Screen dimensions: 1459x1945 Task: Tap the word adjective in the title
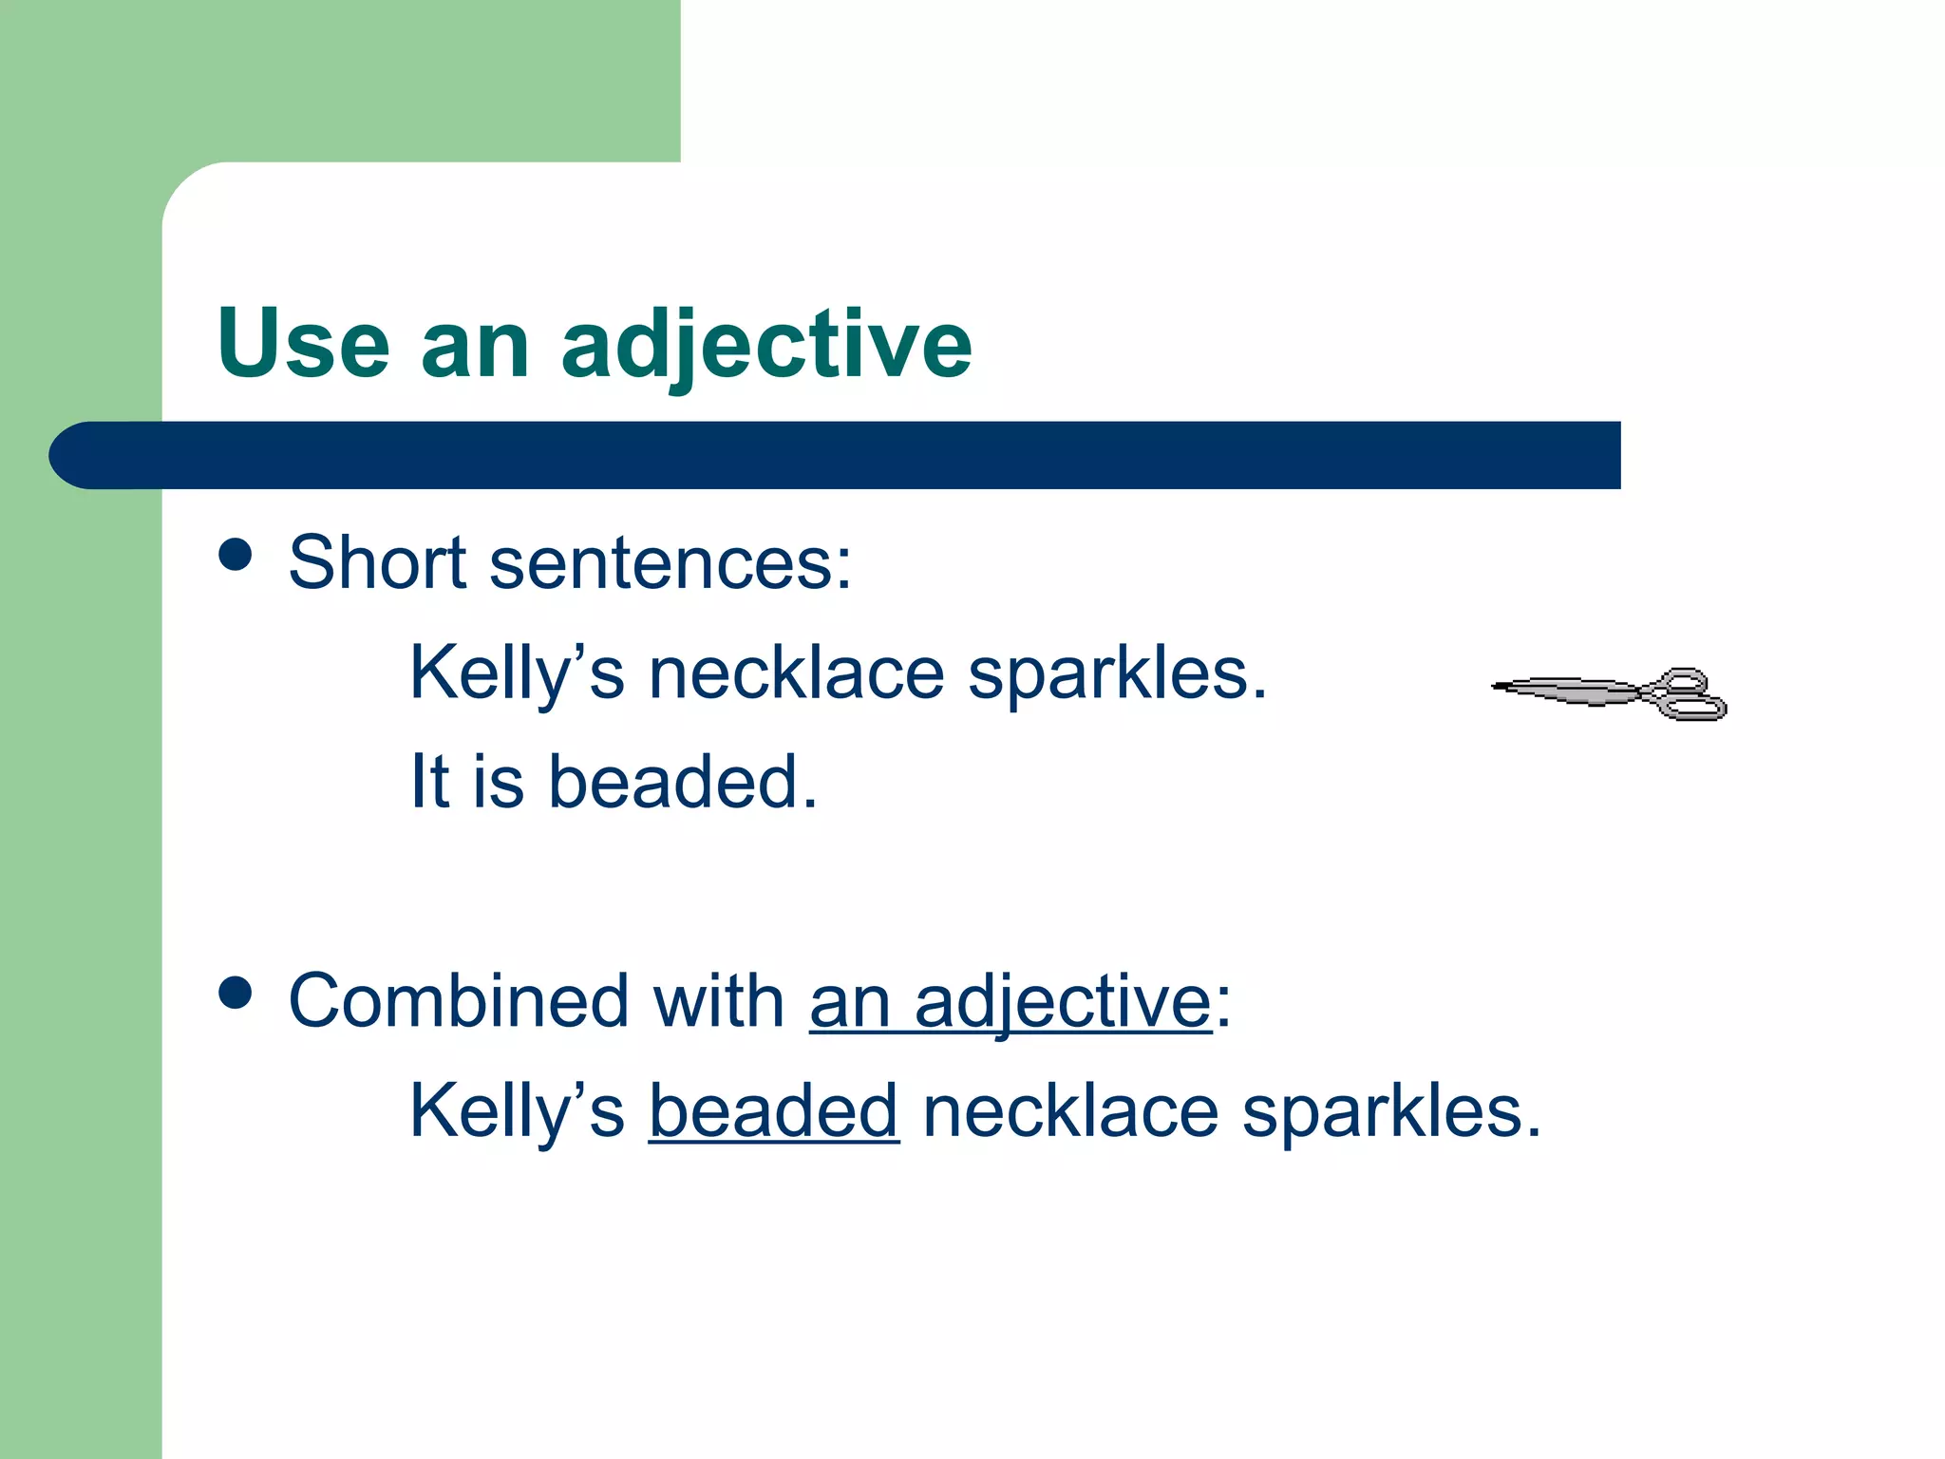coord(766,346)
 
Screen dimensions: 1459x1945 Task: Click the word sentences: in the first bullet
coord(670,564)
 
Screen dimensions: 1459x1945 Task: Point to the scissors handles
coord(1689,694)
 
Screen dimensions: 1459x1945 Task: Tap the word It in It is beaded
coord(428,782)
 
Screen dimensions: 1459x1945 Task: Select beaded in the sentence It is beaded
coord(683,782)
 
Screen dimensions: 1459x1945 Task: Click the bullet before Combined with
coord(235,993)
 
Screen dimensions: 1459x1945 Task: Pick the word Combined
coord(458,1001)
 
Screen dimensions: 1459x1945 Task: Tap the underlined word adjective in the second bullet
coord(1063,1003)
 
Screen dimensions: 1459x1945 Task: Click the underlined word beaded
coord(773,1111)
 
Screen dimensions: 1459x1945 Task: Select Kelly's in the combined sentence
coord(517,1111)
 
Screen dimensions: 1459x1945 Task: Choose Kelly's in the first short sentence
coord(517,673)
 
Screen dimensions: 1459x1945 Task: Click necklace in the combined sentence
coord(1070,1111)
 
